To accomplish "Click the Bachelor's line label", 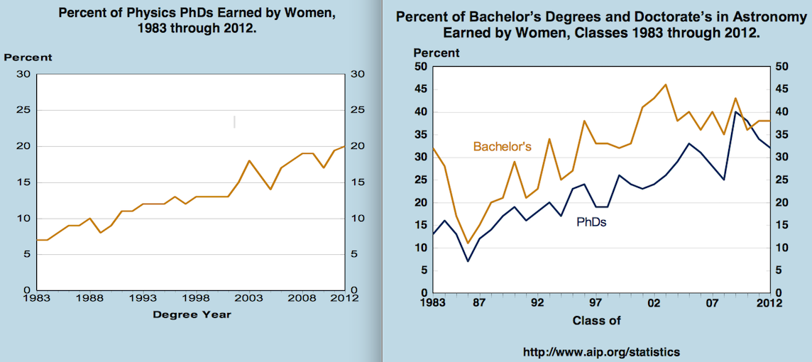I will tap(502, 147).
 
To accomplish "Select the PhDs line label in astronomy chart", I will tap(591, 222).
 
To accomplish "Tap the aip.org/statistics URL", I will tap(600, 351).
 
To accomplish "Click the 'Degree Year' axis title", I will tap(192, 314).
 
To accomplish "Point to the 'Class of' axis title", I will tap(596, 320).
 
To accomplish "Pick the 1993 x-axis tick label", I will tap(143, 299).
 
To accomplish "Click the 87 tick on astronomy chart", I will tap(479, 303).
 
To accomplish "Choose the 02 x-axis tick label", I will tap(654, 303).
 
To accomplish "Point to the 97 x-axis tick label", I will tap(596, 303).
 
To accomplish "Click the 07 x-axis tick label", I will tap(712, 303).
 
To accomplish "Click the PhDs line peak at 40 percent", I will tap(735, 112).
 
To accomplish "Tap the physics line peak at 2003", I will tap(249, 160).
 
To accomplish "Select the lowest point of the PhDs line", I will tap(468, 261).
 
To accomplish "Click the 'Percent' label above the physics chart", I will tap(28, 57).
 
